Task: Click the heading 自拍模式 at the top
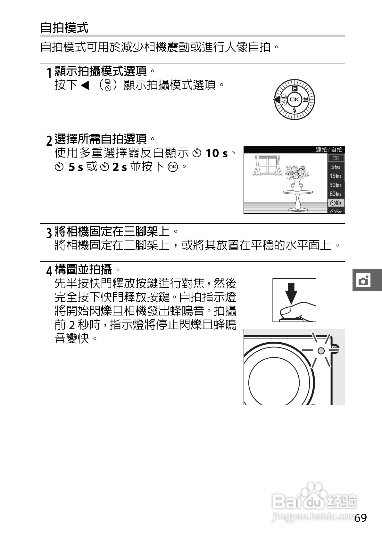[64, 28]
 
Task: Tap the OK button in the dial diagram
[294, 100]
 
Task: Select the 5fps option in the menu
[336, 167]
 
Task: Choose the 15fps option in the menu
[336, 176]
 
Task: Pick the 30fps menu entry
[336, 185]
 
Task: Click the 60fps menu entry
[336, 194]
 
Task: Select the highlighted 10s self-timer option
[336, 203]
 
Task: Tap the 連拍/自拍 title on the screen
[329, 150]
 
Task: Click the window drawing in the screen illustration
[267, 166]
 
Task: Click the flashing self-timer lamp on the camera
[321, 351]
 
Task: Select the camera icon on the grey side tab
[364, 280]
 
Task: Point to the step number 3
[49, 233]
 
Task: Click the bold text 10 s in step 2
[216, 153]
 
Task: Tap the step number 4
[49, 271]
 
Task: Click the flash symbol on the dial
[295, 111]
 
